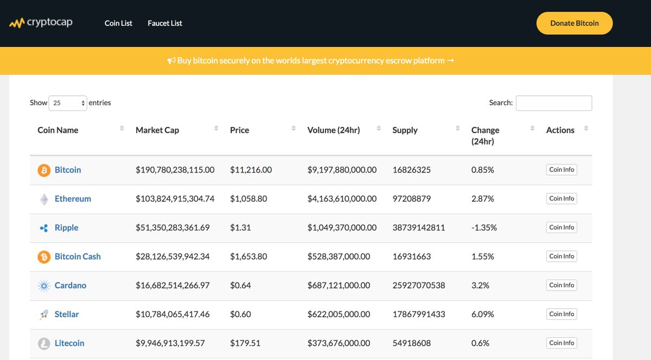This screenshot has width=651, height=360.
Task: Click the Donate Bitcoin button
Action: tap(575, 23)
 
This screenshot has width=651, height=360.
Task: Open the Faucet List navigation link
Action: tap(165, 23)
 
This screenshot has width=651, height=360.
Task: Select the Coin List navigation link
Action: tap(118, 23)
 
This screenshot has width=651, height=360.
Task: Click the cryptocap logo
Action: tap(41, 23)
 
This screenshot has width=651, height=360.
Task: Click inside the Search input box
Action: tap(553, 103)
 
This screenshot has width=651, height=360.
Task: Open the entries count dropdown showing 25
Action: tap(68, 103)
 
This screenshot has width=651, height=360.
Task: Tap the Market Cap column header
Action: tap(157, 130)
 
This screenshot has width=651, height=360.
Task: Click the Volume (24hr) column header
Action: tap(334, 130)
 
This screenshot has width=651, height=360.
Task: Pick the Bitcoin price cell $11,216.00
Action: tap(251, 170)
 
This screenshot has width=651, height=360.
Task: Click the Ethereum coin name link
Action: tap(73, 199)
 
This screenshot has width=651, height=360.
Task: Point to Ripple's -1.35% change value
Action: tap(484, 228)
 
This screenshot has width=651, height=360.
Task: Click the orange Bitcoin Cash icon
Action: tap(43, 256)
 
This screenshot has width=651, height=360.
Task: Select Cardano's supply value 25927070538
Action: tap(418, 285)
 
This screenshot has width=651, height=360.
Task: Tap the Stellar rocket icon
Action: tap(43, 314)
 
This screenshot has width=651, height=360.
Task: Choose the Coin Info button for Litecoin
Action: tap(561, 343)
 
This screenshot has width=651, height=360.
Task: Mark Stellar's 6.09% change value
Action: tap(483, 314)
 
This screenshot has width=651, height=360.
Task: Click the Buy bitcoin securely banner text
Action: tap(311, 61)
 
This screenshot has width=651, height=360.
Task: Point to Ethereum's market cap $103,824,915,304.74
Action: tap(175, 199)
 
